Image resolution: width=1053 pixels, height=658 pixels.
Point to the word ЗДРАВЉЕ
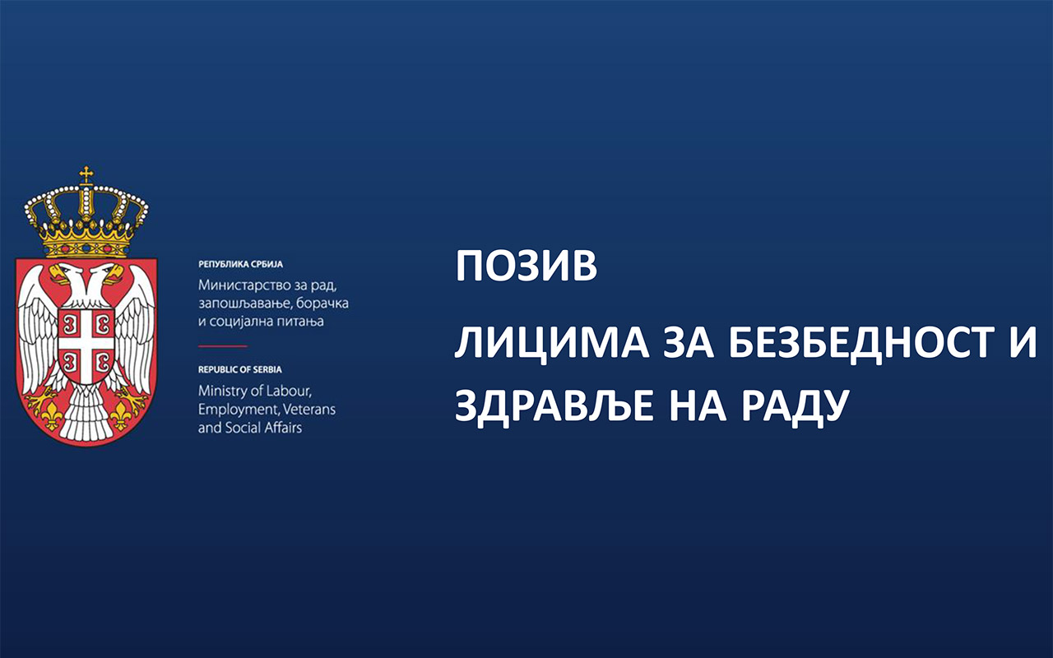(554, 405)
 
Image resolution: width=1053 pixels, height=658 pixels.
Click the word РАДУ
(795, 406)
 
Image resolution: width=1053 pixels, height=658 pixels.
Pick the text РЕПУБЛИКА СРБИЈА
(241, 265)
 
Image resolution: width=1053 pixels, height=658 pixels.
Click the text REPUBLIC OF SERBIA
(239, 370)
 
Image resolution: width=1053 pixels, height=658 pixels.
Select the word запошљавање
(241, 304)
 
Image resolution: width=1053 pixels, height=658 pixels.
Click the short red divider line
(223, 346)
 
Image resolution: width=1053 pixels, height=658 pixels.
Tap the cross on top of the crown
(86, 175)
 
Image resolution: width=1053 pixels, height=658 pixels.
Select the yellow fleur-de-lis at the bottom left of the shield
(50, 415)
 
